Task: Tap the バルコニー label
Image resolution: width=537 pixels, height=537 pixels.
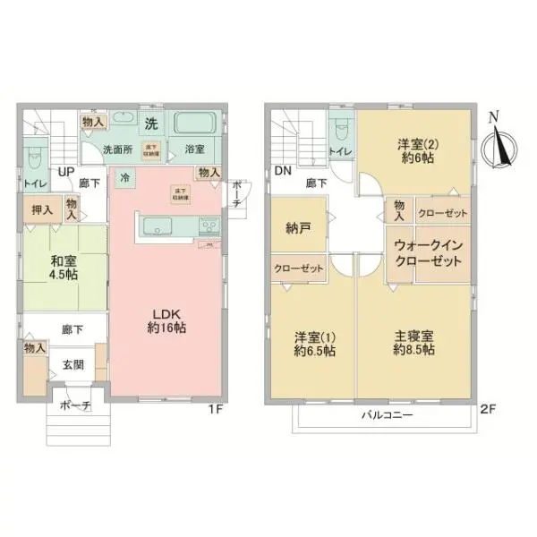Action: [386, 416]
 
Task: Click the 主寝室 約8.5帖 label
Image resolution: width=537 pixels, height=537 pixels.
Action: [413, 343]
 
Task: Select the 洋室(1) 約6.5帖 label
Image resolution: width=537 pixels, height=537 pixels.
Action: [313, 344]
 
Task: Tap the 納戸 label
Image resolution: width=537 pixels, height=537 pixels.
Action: [297, 228]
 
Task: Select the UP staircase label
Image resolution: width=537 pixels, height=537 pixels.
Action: [66, 172]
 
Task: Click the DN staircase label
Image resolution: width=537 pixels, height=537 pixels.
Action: [283, 170]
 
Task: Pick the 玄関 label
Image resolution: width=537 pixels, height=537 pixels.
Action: [73, 365]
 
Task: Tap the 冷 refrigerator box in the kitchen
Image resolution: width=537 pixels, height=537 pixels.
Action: [124, 177]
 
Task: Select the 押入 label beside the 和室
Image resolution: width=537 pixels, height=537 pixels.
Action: [42, 210]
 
